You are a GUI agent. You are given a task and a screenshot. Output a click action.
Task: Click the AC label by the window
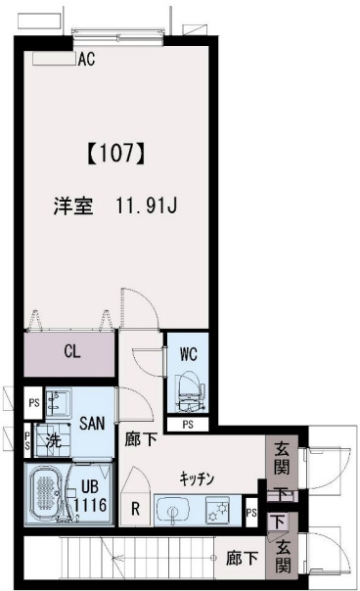tap(85, 59)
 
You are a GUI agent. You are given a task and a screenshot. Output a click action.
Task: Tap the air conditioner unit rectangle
tap(53, 58)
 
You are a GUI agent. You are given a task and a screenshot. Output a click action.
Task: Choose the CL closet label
tap(72, 351)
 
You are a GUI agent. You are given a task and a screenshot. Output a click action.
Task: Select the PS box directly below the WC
tap(188, 425)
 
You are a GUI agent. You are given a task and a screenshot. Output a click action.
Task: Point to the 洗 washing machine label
tap(54, 440)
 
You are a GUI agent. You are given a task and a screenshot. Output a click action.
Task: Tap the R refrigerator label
tap(134, 509)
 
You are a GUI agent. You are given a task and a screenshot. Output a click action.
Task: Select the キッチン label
tap(197, 478)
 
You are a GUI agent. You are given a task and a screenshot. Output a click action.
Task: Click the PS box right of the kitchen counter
tap(251, 511)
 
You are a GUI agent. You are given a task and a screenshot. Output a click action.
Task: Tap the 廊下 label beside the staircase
tap(241, 558)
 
